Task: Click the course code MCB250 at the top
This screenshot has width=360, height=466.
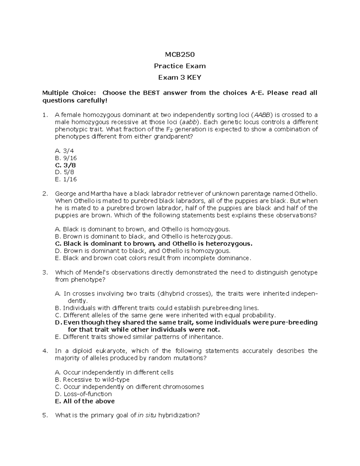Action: pos(180,55)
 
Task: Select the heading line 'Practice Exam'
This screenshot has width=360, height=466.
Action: pos(180,66)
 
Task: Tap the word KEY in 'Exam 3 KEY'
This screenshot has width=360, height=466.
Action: pos(194,78)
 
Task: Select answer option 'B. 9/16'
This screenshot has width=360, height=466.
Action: pos(66,158)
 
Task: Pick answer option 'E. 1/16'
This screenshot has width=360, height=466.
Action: pos(66,179)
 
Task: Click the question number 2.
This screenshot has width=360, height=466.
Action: pos(45,194)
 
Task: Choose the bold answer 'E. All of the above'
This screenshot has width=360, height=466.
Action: pos(85,401)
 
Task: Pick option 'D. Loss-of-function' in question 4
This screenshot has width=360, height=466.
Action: pos(83,394)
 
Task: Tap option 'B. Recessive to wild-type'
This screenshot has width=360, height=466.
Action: pos(92,380)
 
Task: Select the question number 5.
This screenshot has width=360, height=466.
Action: pos(45,416)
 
